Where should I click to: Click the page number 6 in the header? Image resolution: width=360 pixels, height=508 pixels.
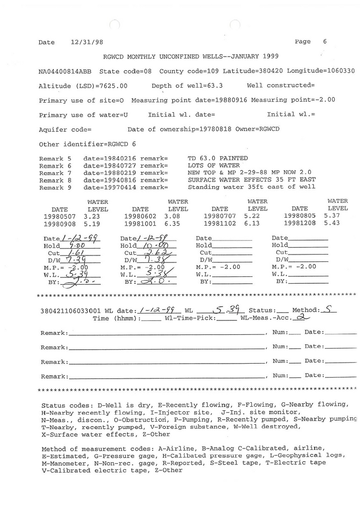[x=325, y=42]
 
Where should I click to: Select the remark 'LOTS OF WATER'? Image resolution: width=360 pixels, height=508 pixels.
[x=214, y=165]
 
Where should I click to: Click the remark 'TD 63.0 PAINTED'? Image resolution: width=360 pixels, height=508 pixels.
[x=217, y=158]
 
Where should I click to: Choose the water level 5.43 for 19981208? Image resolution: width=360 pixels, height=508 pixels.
[x=332, y=224]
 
